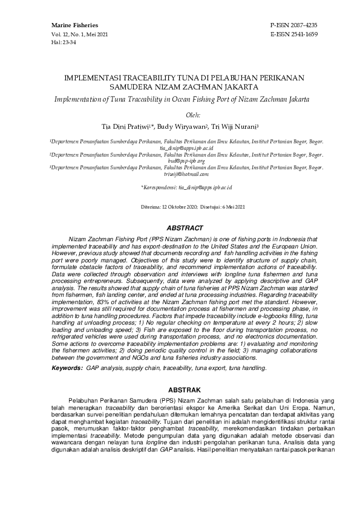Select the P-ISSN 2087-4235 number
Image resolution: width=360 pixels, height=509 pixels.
tap(293, 25)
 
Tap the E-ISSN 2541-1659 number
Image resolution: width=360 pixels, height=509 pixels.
tap(293, 34)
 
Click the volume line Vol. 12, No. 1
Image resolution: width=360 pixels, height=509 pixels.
tap(68, 34)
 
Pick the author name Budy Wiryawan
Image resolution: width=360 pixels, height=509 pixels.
tap(183, 126)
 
